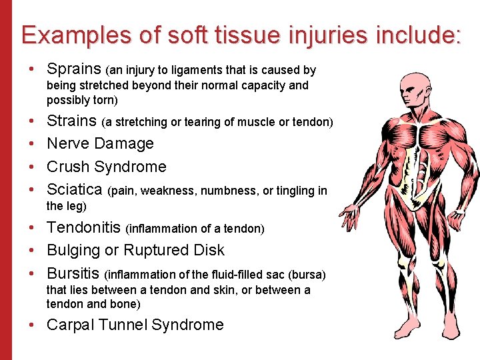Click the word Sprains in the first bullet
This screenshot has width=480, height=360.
(74, 69)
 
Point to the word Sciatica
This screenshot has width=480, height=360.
(74, 190)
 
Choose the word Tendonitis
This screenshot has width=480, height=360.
(84, 228)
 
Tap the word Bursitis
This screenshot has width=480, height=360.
(73, 273)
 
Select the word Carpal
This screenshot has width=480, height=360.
(70, 325)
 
